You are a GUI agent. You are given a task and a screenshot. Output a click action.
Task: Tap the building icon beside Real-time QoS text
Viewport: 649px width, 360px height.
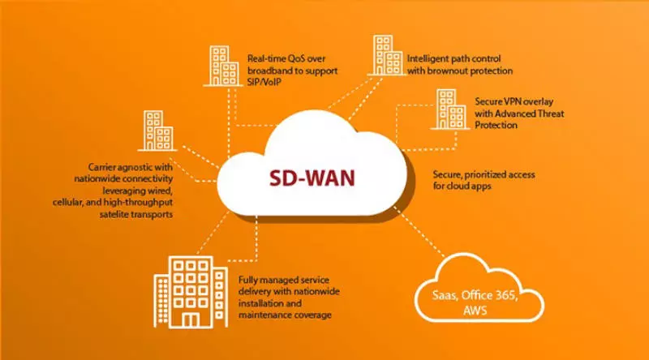(221, 66)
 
